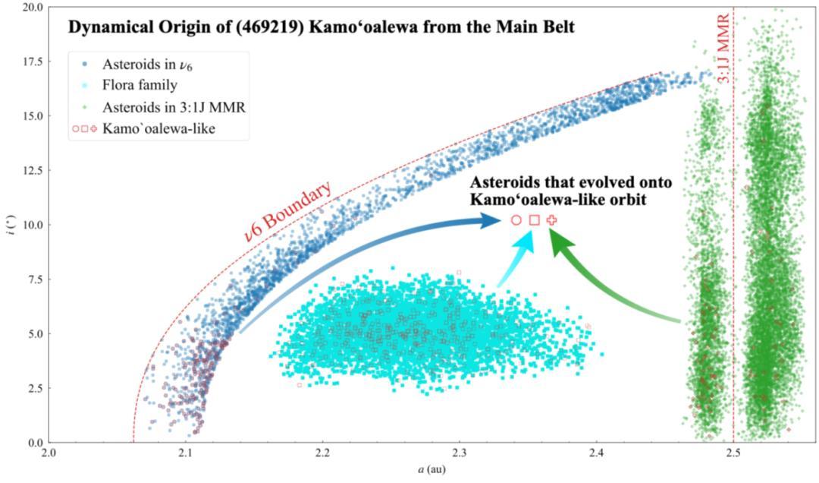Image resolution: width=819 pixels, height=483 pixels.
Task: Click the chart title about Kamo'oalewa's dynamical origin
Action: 322,27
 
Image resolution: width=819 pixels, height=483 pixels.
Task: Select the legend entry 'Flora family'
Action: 140,85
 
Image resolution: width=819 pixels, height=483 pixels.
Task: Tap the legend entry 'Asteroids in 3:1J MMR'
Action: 174,107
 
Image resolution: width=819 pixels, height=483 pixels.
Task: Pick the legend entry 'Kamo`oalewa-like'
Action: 158,129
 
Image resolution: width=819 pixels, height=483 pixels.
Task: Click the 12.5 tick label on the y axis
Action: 32,171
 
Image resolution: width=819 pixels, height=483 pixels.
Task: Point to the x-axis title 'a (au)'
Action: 431,469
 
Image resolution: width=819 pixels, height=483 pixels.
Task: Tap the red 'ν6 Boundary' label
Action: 288,211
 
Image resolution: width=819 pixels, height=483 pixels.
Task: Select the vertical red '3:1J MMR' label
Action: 723,49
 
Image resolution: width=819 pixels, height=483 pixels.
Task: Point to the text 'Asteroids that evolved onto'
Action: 571,182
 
